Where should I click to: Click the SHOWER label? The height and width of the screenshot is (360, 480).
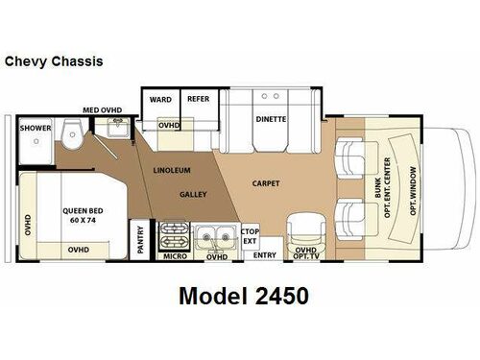tap(36, 128)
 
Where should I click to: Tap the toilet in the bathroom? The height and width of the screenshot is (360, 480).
tap(73, 134)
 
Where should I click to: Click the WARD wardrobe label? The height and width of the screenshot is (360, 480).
tap(160, 100)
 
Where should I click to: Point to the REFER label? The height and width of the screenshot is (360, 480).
tap(198, 99)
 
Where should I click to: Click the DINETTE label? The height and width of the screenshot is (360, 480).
tap(271, 119)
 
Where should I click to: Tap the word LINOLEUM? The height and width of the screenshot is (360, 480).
tap(172, 170)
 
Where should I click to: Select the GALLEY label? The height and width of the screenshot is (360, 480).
tap(193, 194)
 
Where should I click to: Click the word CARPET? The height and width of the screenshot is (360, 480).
tap(266, 183)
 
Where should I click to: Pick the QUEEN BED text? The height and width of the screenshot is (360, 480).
tap(83, 211)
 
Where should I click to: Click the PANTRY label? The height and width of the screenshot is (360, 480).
tap(140, 240)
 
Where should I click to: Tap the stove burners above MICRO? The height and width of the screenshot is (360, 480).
tap(174, 238)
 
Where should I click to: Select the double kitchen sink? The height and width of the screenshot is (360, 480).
tap(216, 238)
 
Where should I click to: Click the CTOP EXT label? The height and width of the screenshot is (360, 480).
tap(250, 236)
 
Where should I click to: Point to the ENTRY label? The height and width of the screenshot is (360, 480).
tap(265, 255)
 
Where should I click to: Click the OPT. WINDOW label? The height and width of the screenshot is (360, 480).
tap(414, 191)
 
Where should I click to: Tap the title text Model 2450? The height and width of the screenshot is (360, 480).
tap(244, 296)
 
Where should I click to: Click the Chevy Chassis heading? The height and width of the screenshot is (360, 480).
tap(54, 61)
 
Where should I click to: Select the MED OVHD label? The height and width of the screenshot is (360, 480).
tap(103, 110)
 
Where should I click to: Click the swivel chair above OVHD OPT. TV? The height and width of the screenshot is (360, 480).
tap(306, 231)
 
